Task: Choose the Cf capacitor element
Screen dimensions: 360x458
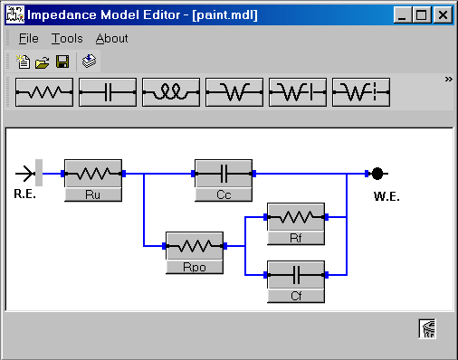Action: tap(295, 279)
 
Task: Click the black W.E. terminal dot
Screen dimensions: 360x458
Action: tap(377, 173)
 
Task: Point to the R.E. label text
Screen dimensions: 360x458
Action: tap(24, 194)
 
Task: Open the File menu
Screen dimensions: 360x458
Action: tap(28, 39)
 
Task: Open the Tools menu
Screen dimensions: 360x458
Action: tap(67, 39)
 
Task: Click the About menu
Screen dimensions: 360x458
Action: tap(112, 39)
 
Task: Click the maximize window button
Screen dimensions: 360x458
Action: tap(421, 15)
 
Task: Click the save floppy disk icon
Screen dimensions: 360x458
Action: tap(62, 62)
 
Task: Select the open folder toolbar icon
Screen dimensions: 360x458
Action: tap(43, 62)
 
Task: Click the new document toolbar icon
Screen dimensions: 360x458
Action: tap(24, 62)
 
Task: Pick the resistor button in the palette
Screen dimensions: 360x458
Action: tap(44, 90)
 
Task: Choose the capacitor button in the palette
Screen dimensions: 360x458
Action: tap(108, 90)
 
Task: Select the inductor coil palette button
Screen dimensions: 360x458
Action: tap(171, 90)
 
